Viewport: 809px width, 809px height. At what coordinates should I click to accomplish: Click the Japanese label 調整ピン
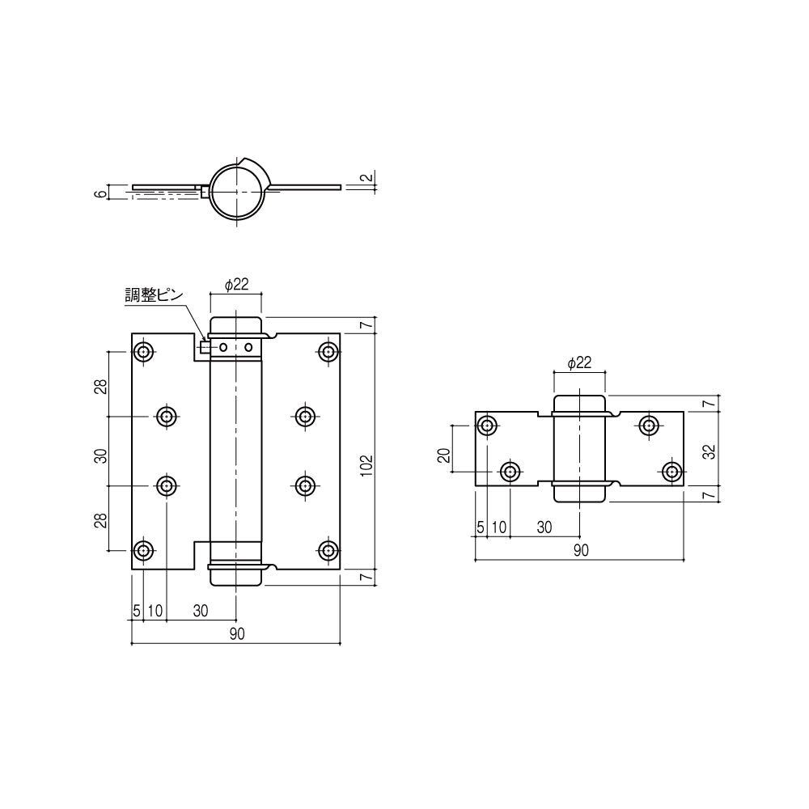(155, 295)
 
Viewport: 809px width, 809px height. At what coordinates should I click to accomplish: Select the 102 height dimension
(366, 462)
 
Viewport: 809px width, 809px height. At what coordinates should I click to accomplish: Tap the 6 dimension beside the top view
(100, 193)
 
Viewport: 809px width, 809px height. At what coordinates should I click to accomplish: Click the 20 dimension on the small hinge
(443, 455)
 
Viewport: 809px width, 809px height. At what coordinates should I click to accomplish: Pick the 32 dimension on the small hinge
(709, 451)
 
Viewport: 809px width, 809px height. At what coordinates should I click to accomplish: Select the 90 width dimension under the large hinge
(236, 634)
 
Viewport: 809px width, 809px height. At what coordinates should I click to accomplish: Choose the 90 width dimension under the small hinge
(580, 550)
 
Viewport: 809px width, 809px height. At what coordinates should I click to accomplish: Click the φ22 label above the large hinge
(236, 284)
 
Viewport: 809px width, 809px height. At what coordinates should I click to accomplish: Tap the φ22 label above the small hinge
(579, 363)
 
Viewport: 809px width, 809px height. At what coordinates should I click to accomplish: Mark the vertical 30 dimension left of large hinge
(101, 455)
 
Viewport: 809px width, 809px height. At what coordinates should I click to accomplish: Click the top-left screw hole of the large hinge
(144, 352)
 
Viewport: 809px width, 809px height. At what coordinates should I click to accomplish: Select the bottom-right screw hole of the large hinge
(328, 551)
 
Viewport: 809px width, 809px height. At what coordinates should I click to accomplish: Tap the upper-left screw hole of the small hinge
(488, 426)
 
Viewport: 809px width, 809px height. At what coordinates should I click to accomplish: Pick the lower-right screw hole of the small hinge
(671, 471)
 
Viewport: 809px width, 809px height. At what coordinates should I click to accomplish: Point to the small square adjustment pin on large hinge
(205, 348)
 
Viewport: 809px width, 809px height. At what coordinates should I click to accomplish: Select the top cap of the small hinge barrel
(579, 404)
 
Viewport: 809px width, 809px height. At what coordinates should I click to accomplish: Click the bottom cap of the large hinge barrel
(235, 576)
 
